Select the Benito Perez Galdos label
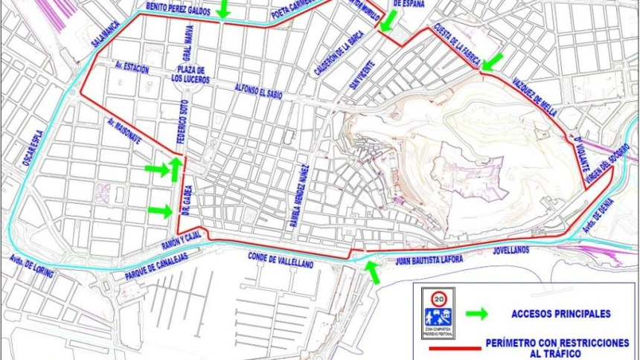coord(179,8)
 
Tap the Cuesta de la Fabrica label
coord(453,45)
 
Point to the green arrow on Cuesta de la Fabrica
coord(492,61)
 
